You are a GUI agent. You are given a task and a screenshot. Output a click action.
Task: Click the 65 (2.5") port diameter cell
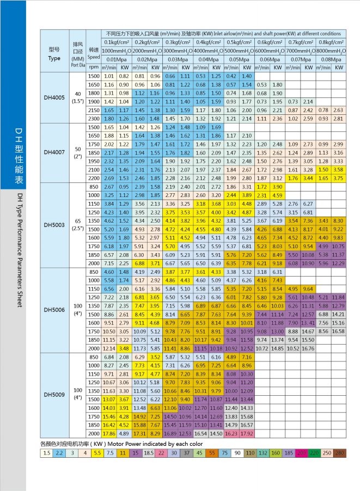tap(78, 224)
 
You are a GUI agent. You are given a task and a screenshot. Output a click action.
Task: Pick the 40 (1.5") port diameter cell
tap(78, 98)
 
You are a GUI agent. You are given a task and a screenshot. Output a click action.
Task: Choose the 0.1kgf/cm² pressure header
tap(116, 42)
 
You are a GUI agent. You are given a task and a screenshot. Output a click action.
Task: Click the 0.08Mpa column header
tap(332, 59)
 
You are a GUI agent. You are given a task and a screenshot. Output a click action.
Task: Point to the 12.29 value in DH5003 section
tap(339, 263)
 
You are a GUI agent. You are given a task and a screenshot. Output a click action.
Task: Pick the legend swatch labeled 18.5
tap(148, 453)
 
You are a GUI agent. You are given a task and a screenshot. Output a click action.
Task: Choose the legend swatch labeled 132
tap(263, 453)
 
